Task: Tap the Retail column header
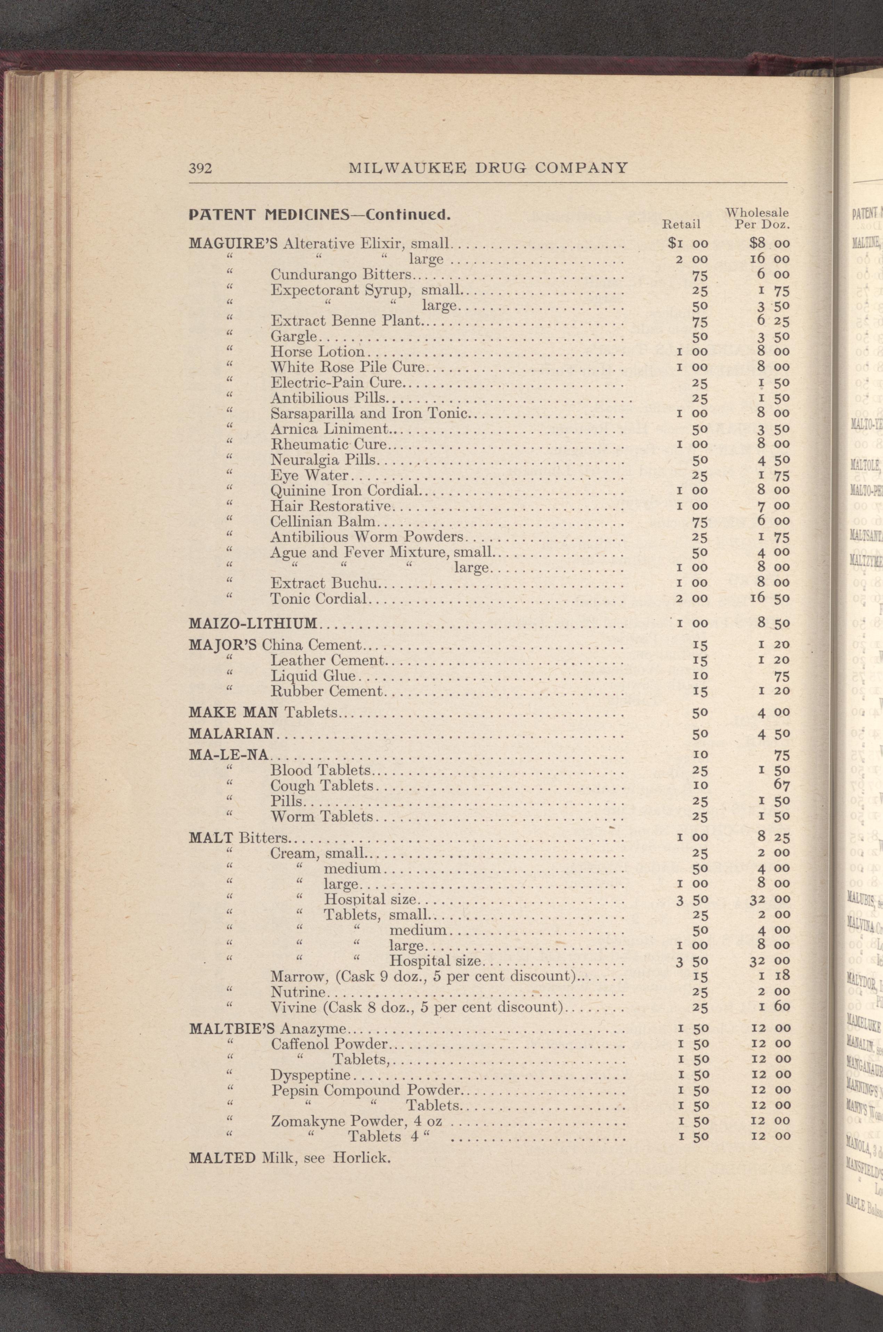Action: click(681, 225)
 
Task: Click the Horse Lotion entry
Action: click(318, 352)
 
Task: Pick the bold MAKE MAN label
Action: click(234, 713)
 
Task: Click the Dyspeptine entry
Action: click(310, 1074)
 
